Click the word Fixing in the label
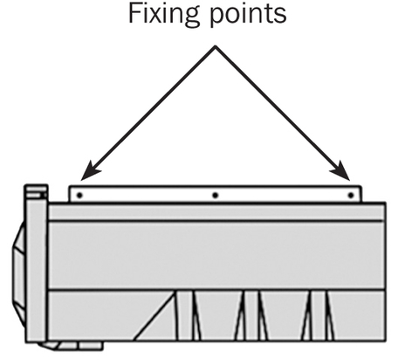click(x=164, y=15)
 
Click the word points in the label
click(x=248, y=15)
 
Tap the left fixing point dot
click(x=79, y=195)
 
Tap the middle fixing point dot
click(x=215, y=195)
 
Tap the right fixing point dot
click(x=351, y=195)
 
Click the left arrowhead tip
click(x=81, y=180)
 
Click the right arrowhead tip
click(x=350, y=180)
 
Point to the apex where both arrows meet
click(x=216, y=45)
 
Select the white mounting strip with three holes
click(x=216, y=194)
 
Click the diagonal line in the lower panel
click(x=154, y=315)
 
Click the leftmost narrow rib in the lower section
click(x=185, y=315)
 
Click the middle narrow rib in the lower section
click(x=251, y=315)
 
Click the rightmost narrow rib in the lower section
click(x=319, y=315)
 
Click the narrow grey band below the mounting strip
click(x=216, y=212)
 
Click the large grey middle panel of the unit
click(x=216, y=256)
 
